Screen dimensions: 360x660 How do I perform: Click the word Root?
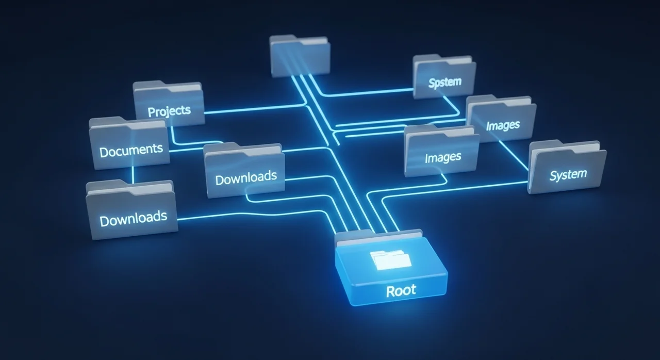(401, 291)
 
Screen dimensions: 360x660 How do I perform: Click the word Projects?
(169, 111)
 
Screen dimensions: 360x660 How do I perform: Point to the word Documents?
(131, 151)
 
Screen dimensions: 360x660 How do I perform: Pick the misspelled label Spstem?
(444, 82)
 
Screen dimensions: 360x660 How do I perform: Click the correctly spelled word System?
(568, 175)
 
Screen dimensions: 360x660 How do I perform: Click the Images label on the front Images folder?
(443, 157)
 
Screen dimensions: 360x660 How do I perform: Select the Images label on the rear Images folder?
(503, 125)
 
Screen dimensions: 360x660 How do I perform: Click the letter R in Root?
(390, 291)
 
